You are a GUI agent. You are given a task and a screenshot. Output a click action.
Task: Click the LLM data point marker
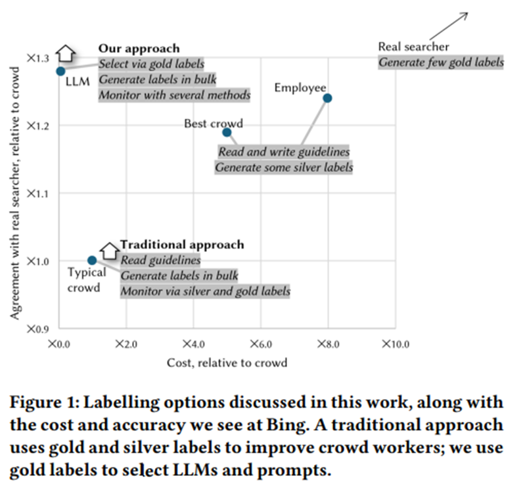click(x=60, y=71)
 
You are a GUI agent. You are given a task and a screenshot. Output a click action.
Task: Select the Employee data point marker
click(x=327, y=98)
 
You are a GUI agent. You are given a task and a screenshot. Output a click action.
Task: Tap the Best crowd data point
click(x=227, y=132)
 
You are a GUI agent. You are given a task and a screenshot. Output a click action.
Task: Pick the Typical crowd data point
click(x=92, y=260)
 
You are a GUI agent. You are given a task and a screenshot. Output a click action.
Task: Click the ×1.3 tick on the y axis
click(x=38, y=59)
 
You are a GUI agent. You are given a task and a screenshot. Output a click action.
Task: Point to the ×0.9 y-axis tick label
click(x=38, y=329)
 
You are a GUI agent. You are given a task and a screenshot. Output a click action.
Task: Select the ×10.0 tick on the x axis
click(x=396, y=344)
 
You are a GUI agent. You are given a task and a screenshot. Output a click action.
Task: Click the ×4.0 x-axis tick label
click(x=193, y=344)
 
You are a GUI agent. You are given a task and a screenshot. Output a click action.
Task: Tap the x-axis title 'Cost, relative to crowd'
click(x=227, y=362)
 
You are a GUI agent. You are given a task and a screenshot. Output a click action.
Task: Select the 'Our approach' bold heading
click(x=139, y=49)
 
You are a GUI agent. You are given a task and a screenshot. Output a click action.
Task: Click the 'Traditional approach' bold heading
click(x=182, y=245)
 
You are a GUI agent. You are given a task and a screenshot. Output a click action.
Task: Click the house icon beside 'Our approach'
click(x=65, y=53)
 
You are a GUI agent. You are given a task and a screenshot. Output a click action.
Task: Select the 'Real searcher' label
click(x=413, y=47)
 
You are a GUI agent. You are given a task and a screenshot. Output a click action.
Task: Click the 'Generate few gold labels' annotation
click(x=440, y=62)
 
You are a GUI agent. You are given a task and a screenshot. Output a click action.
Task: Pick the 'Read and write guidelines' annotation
click(x=284, y=152)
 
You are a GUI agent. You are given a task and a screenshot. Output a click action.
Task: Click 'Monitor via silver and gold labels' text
click(x=205, y=291)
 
